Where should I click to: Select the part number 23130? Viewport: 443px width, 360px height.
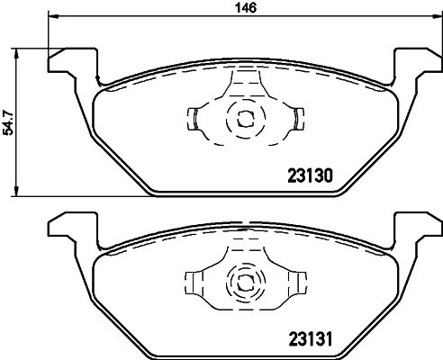310,176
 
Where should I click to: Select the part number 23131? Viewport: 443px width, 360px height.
310,340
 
